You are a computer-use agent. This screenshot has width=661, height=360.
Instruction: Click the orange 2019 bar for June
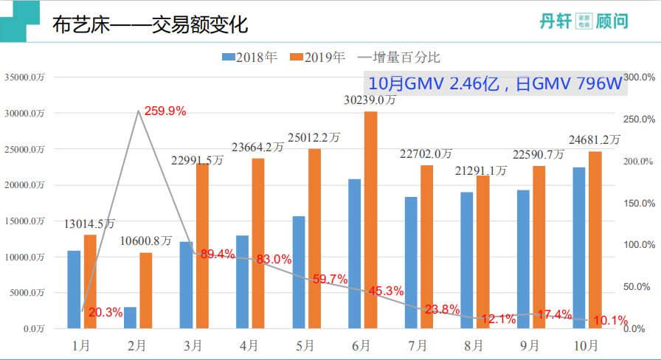[370, 220]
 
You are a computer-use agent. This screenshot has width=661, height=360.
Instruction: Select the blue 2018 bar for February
[130, 317]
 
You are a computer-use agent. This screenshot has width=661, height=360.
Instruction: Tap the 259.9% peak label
[165, 111]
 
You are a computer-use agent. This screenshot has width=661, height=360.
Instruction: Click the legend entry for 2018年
[250, 57]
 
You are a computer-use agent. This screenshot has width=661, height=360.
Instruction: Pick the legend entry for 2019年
[318, 57]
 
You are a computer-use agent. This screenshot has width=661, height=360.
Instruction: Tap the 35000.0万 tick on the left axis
[24, 77]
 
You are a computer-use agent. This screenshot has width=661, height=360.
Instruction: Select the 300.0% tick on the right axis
[639, 77]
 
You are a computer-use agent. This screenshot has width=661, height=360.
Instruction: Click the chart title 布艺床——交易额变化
[150, 25]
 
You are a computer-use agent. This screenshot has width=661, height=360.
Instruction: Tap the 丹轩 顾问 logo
[583, 21]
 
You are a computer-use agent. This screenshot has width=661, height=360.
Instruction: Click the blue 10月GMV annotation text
[495, 83]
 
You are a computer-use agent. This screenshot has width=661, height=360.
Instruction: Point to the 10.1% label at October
[610, 320]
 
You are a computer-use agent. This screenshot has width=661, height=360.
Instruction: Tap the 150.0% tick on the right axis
[639, 203]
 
